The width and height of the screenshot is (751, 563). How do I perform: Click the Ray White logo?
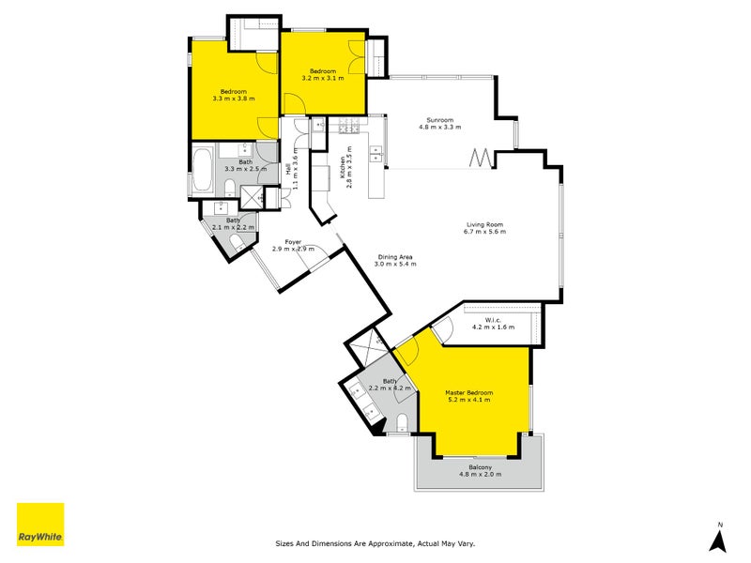(40, 525)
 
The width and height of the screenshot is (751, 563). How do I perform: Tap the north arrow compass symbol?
(719, 539)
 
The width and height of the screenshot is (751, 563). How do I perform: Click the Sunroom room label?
(440, 120)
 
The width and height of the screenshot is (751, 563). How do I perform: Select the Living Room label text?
(485, 224)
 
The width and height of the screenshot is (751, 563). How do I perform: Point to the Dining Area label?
(395, 257)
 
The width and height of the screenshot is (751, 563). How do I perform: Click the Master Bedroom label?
(468, 392)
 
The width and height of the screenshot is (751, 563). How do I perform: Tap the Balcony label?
(480, 466)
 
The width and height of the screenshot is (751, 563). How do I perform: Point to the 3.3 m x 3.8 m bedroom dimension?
(233, 99)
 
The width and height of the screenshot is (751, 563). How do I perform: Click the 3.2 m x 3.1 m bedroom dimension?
(323, 79)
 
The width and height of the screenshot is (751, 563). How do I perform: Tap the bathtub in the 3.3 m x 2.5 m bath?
(203, 170)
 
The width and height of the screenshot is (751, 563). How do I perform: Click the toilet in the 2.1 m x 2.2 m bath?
(238, 243)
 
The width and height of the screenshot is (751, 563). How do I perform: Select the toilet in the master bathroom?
(401, 419)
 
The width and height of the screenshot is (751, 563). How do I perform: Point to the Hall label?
(286, 170)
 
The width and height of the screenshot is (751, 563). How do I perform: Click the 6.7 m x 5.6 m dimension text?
(485, 232)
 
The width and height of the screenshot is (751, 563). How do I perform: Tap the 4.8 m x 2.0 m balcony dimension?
(480, 474)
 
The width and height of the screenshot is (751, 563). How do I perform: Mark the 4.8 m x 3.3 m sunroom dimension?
(440, 128)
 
